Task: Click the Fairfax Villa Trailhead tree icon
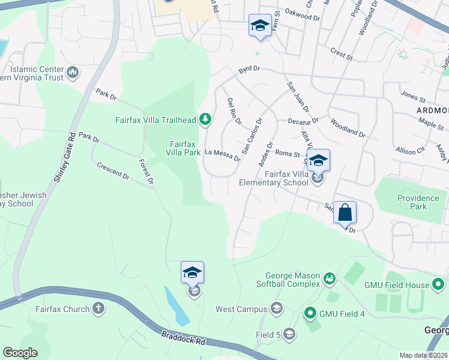point(205,120)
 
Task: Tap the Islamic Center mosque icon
point(73,73)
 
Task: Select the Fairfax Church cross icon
point(98,309)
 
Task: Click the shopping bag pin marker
point(345,212)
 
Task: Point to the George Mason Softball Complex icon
point(328,278)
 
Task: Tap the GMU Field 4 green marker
point(310,312)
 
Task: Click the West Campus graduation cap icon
point(276,309)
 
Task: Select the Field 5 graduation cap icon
point(289,334)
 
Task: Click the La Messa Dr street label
point(223,156)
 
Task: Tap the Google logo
point(20,353)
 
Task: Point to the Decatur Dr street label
point(303,120)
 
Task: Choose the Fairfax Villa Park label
point(184,148)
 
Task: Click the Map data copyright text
point(423,355)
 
